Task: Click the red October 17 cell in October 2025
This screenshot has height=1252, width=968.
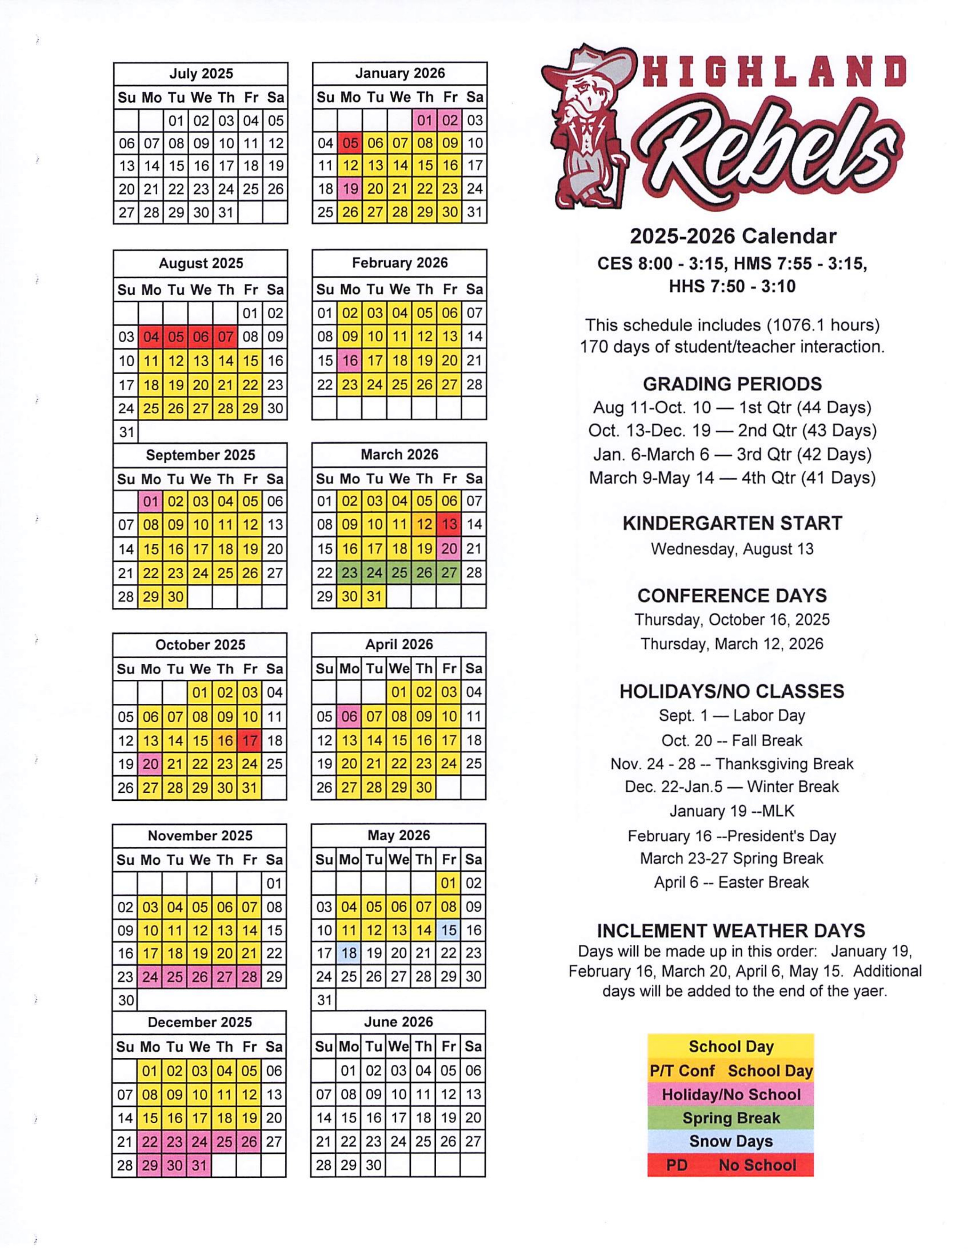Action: tap(250, 740)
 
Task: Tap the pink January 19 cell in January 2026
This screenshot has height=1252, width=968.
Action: tap(350, 188)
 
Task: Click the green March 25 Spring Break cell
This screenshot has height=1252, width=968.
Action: tap(399, 573)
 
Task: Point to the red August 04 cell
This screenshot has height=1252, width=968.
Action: tap(151, 337)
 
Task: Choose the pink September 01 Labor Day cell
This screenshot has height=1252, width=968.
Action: tap(150, 501)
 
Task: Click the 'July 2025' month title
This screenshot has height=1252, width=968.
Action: tap(201, 74)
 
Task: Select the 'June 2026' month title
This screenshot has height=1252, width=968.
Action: tap(398, 1022)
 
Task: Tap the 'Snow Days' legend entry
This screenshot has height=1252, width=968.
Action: tap(731, 1141)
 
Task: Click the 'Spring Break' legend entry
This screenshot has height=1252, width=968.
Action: tap(731, 1118)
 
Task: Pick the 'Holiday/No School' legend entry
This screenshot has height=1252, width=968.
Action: tap(731, 1094)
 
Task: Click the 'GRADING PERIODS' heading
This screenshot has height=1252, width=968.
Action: tap(732, 383)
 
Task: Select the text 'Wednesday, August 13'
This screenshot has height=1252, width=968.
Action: tap(732, 549)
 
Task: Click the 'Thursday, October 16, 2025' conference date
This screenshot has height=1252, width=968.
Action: tap(732, 619)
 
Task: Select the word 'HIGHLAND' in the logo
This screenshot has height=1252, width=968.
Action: tap(774, 72)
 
